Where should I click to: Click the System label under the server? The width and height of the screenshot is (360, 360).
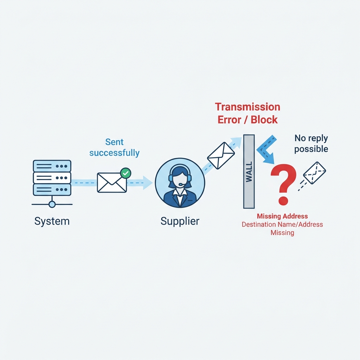coord(52,221)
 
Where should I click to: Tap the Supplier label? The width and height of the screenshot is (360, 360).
coord(180,221)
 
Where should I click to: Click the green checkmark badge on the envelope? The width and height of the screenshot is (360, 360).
coord(126,173)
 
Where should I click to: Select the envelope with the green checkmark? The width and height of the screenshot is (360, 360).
coord(112,182)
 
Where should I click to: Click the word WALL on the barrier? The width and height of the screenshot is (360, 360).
coord(249,172)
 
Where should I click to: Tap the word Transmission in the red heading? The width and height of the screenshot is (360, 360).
coord(247,107)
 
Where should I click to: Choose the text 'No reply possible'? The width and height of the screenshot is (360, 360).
coord(311,143)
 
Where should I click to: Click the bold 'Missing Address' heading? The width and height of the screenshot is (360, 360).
coord(282,216)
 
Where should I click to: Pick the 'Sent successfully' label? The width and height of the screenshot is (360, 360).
coord(114,147)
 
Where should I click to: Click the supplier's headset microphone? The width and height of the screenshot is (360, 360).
coord(181,184)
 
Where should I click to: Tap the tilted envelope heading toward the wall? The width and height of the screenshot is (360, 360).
coord(221,155)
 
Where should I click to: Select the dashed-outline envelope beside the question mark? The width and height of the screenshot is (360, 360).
coord(314,173)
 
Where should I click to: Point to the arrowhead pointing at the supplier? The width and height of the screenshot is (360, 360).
coord(148,183)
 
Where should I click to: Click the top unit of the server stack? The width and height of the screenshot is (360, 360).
coord(52,166)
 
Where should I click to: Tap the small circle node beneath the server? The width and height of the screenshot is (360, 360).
coord(52,204)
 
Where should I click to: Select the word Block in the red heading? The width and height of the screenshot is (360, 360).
coord(264,120)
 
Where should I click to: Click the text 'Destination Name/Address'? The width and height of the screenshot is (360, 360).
coord(282,224)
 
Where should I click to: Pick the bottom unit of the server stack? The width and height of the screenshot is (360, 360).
coord(52,189)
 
